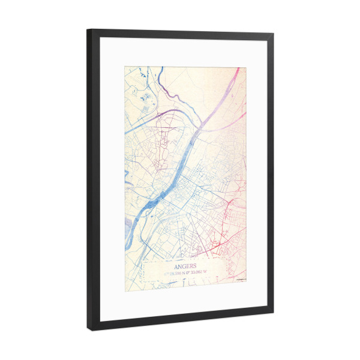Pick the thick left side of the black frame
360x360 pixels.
pyautogui.click(x=91, y=180)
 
